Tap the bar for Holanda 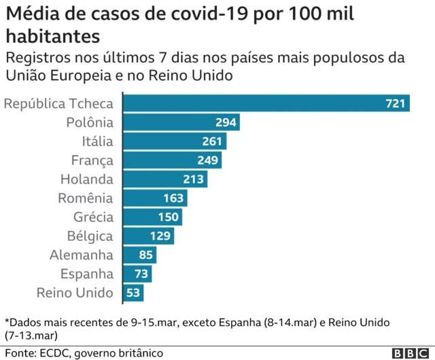point(165,179)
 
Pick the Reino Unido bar point(134,293)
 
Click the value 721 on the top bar point(395,104)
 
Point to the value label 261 point(212,141)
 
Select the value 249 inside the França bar point(208,160)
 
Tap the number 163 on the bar point(174,198)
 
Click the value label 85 point(145,255)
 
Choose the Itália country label point(97,141)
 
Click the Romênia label point(86,198)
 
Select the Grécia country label point(93,217)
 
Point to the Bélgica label point(90,236)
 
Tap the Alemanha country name point(82,255)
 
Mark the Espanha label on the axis point(86,274)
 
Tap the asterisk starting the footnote point(7,320)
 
